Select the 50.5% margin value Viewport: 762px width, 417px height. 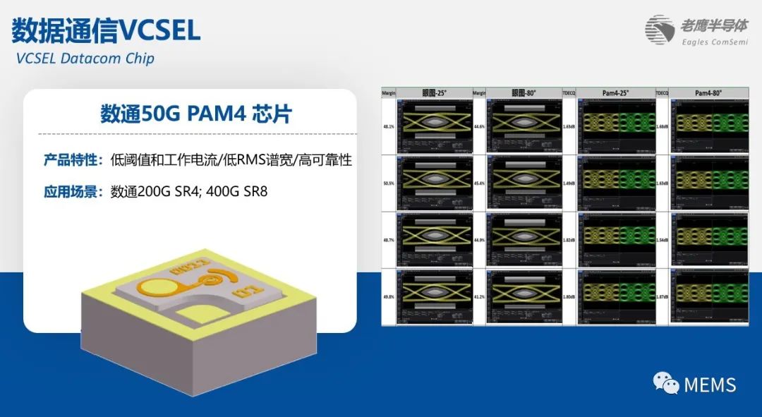pos(387,183)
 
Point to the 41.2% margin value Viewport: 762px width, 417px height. pos(478,297)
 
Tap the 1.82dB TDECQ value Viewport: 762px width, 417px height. pos(569,241)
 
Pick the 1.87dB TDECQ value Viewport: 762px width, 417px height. pos(662,297)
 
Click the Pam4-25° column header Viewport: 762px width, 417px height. pos(616,92)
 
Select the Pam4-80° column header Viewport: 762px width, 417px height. pos(708,92)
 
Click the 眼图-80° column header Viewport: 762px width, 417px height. pos(524,92)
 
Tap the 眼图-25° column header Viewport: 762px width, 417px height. pos(433,92)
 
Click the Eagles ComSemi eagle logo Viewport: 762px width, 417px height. pos(660,30)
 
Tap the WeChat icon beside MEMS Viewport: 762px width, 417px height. pos(666,383)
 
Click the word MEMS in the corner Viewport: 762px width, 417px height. pos(710,385)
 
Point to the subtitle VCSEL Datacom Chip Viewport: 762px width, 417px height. pos(85,58)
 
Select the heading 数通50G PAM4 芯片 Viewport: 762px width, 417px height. pos(196,114)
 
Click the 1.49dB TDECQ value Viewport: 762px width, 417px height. pos(569,183)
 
